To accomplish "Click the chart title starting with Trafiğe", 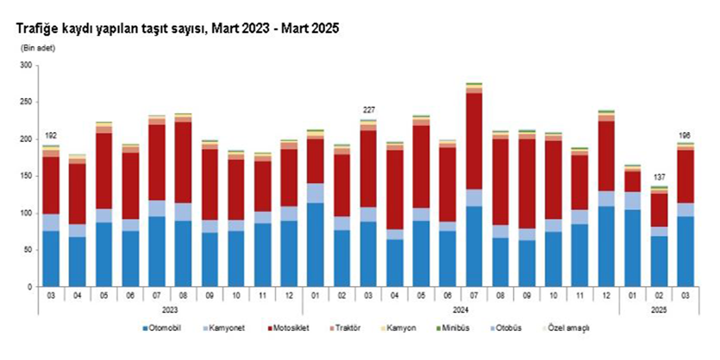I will pyautogui.click(x=177, y=28).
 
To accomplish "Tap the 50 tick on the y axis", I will pyautogui.click(x=27, y=250).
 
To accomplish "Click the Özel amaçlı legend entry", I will pyautogui.click(x=568, y=327).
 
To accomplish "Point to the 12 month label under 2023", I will pyautogui.click(x=289, y=295).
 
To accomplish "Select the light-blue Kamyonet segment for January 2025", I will pyautogui.click(x=632, y=200).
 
